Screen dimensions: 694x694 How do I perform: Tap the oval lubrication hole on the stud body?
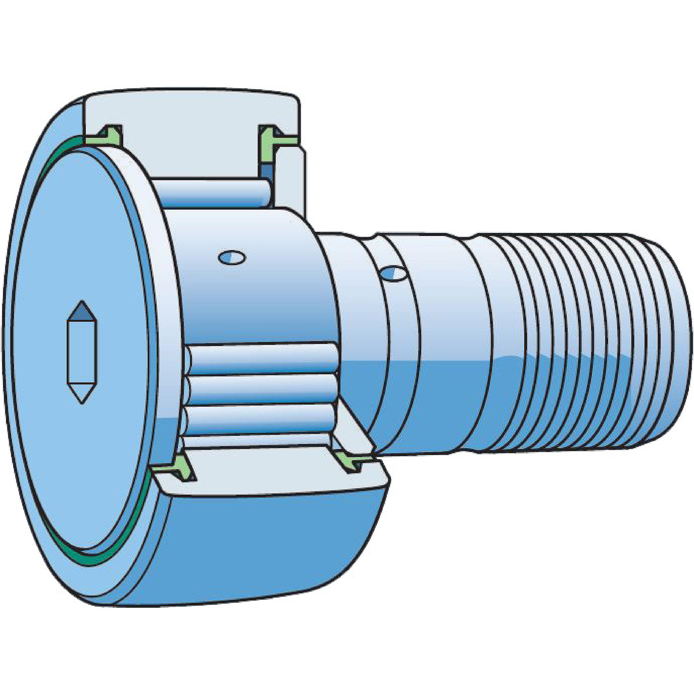[232, 257]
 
